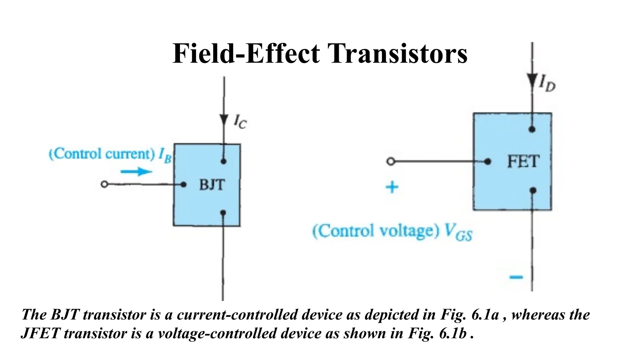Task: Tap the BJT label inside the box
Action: pyautogui.click(x=212, y=185)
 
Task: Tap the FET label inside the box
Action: pyautogui.click(x=523, y=162)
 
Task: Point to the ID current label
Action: pyautogui.click(x=547, y=84)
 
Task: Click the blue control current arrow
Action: pyautogui.click(x=136, y=172)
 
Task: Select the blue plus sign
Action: pyautogui.click(x=392, y=187)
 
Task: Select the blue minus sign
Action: pyautogui.click(x=516, y=277)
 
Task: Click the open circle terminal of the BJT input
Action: pyautogui.click(x=104, y=184)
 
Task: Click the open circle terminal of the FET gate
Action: pyautogui.click(x=391, y=162)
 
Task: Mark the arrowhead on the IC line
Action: pyautogui.click(x=223, y=120)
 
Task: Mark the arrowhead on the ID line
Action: pyautogui.click(x=532, y=81)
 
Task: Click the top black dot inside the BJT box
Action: pyautogui.click(x=223, y=161)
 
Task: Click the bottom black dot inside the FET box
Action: pyautogui.click(x=533, y=190)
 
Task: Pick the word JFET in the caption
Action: pyautogui.click(x=40, y=333)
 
